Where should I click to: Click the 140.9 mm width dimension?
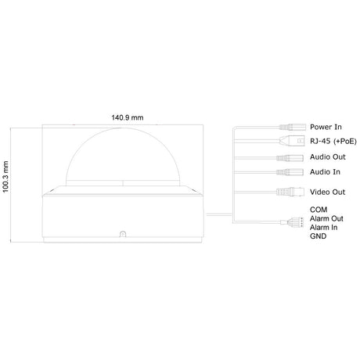click(x=128, y=117)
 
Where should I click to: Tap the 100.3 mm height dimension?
click(x=5, y=177)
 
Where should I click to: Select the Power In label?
click(x=326, y=127)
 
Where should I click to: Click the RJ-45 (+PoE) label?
click(x=333, y=141)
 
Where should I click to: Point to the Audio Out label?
click(x=328, y=157)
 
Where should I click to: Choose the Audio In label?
click(x=325, y=172)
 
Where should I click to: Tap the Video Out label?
click(x=327, y=192)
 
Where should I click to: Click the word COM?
click(x=319, y=210)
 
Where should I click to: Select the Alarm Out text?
click(x=326, y=218)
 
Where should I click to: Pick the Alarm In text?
click(x=323, y=228)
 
